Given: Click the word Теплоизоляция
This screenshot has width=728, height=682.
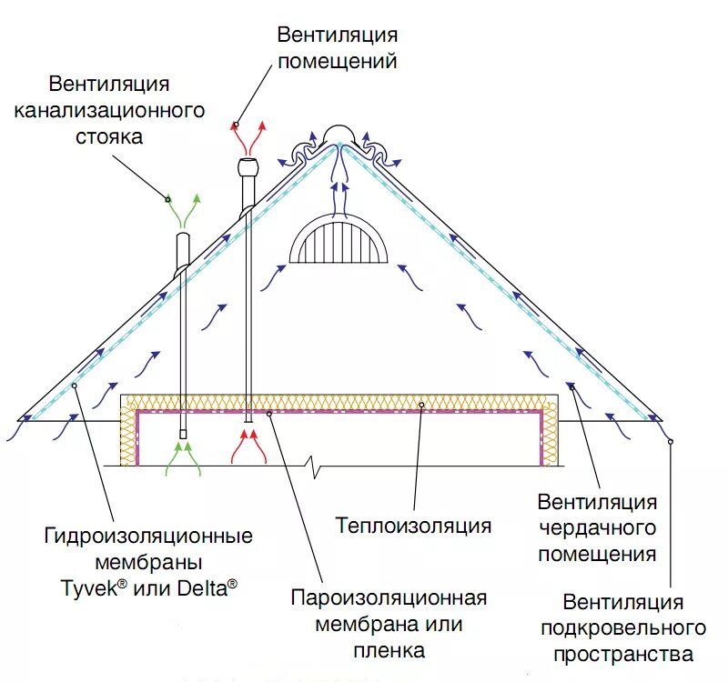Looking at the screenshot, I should click(x=413, y=526).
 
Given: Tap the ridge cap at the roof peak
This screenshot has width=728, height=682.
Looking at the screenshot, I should click(x=338, y=133).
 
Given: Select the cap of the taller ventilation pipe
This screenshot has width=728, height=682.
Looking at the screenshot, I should click(x=248, y=167).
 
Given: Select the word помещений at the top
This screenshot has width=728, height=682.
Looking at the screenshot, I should click(x=338, y=62).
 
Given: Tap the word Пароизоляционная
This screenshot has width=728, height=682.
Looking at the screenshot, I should click(x=389, y=598).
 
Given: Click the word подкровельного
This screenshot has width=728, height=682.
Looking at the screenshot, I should click(x=622, y=627).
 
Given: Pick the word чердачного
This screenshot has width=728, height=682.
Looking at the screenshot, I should click(x=596, y=528).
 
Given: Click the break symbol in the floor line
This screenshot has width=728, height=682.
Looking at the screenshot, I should click(x=315, y=467).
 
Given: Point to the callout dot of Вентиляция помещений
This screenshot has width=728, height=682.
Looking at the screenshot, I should click(x=236, y=125).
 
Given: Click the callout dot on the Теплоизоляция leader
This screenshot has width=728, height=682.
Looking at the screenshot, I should click(x=422, y=402).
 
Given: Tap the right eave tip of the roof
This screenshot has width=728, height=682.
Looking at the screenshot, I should click(x=663, y=420).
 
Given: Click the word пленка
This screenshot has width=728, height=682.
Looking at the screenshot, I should click(x=389, y=651).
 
